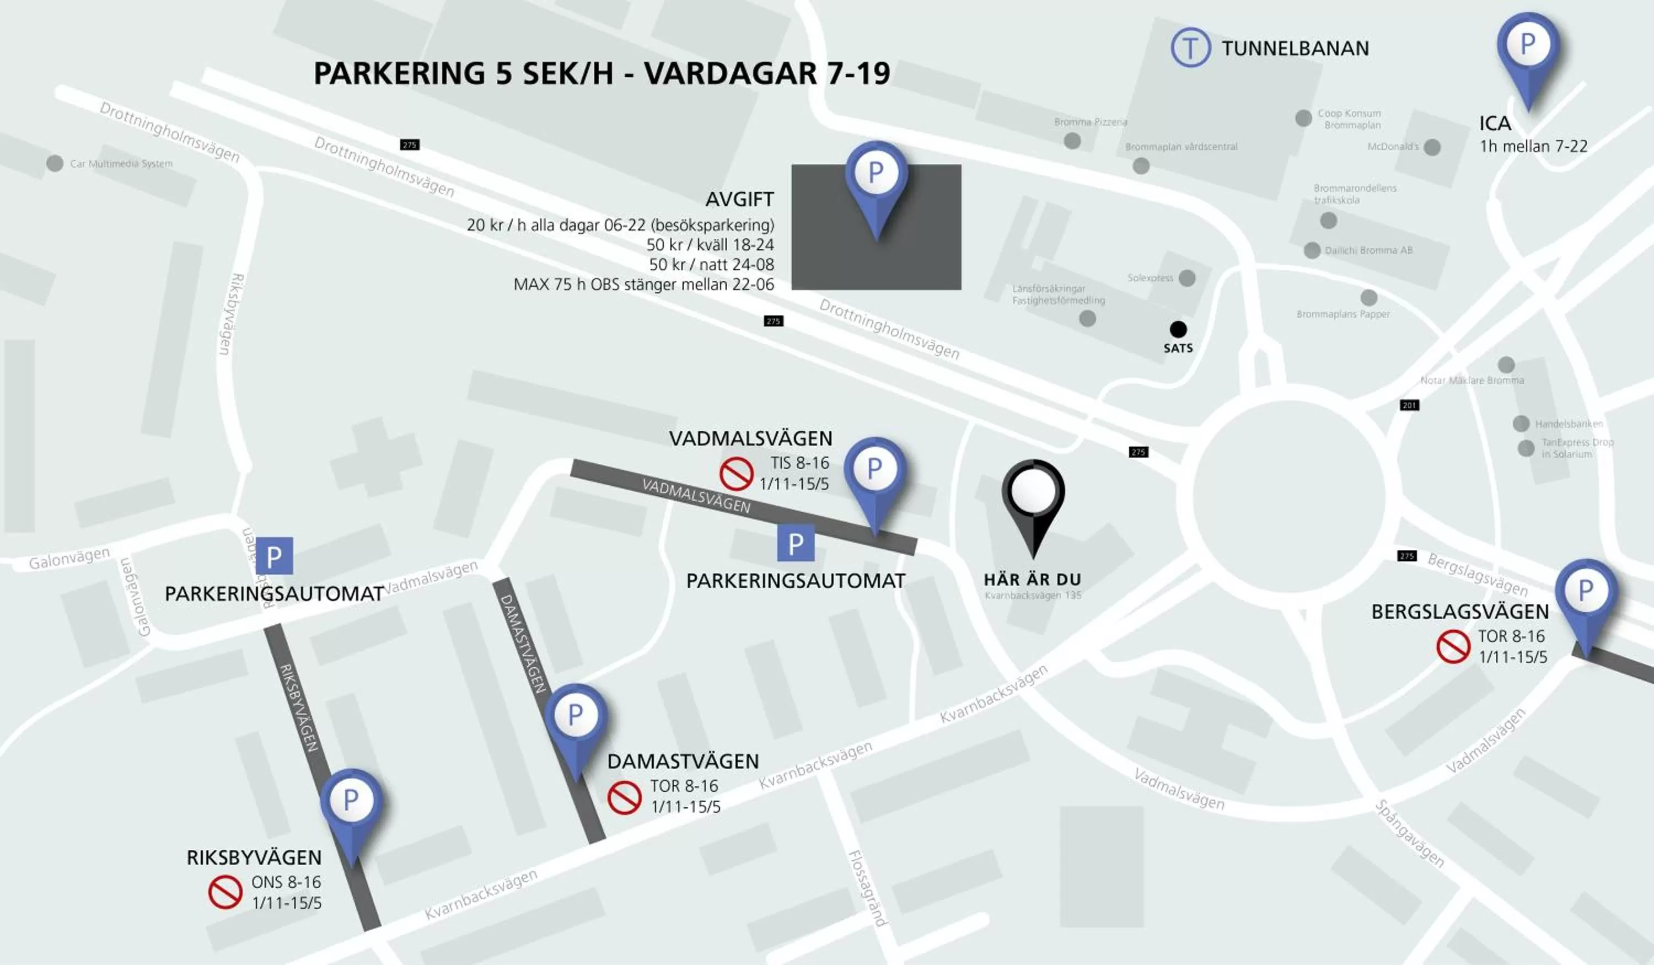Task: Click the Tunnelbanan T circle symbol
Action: (1191, 47)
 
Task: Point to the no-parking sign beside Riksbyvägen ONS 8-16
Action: (225, 892)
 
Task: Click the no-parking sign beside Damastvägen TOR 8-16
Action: (624, 797)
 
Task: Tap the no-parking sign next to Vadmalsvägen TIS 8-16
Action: (737, 473)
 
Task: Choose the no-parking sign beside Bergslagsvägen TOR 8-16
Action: (1453, 647)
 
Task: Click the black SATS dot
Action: (1178, 329)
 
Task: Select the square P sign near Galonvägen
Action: (275, 556)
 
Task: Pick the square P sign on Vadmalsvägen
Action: (796, 543)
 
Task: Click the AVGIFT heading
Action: (740, 199)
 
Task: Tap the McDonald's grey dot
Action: (1432, 147)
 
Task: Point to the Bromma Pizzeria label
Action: (1090, 122)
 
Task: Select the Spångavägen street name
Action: (1410, 833)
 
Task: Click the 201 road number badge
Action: (1409, 405)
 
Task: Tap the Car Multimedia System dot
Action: (55, 163)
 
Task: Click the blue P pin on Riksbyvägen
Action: (351, 804)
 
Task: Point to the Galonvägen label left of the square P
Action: (69, 559)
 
